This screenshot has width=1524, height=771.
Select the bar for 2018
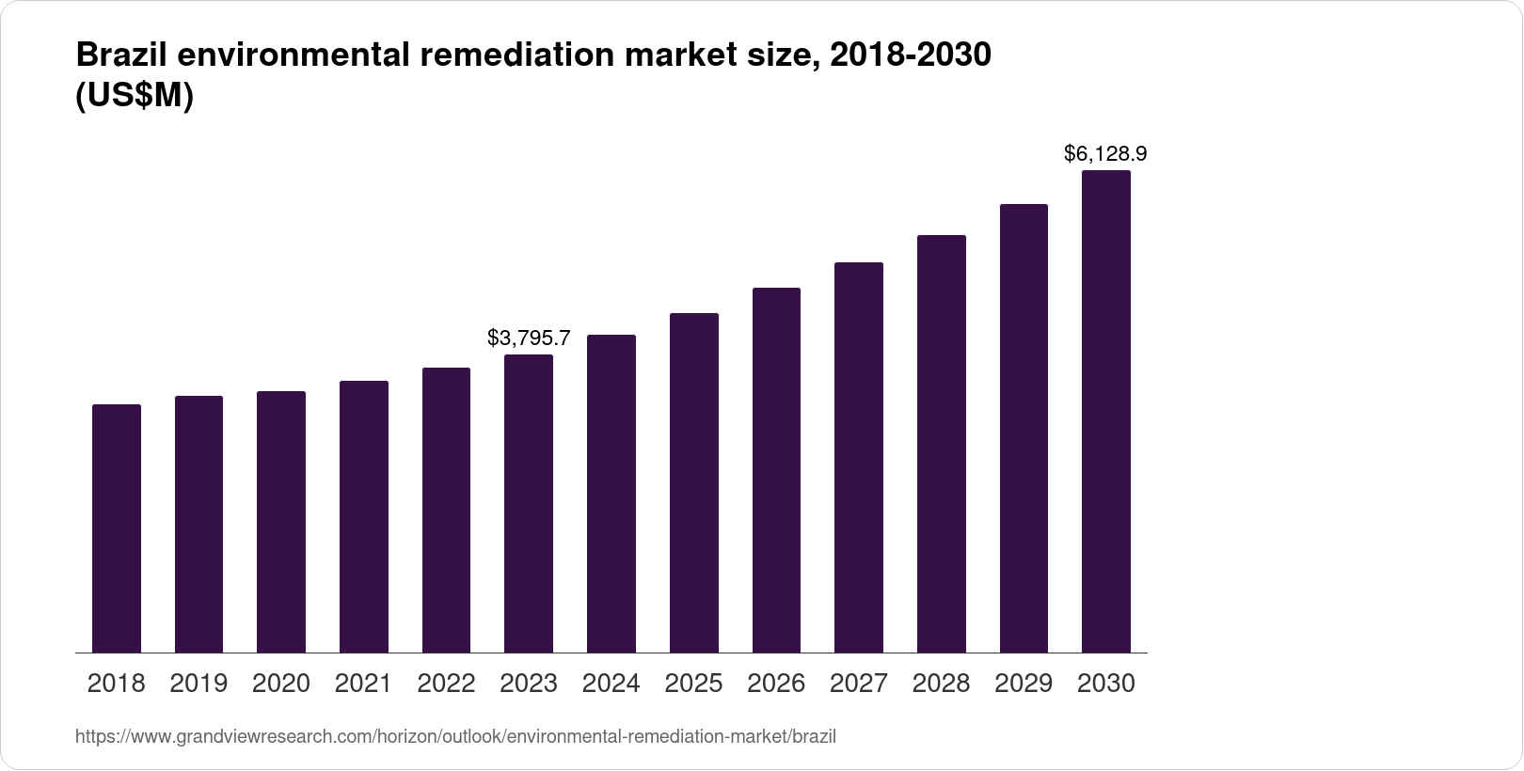[117, 528]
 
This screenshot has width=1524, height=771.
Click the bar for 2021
[364, 516]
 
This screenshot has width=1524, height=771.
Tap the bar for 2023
[529, 503]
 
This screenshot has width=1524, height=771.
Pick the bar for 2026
[776, 470]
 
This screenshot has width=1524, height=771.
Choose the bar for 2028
[942, 444]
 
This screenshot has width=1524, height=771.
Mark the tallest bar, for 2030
[1106, 411]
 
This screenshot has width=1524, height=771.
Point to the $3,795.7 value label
[529, 338]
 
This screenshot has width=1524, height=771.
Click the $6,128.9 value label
[1105, 152]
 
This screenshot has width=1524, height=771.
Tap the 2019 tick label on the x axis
[198, 684]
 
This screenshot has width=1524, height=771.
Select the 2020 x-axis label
[281, 684]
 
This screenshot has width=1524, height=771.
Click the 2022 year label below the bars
[446, 684]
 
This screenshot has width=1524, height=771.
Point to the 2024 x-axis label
[611, 684]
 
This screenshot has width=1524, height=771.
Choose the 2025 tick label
[693, 684]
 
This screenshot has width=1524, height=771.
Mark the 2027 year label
[859, 684]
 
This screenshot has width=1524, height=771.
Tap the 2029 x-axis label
[1024, 684]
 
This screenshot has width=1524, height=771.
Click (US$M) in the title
[134, 96]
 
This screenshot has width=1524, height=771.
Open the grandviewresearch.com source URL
[455, 736]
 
